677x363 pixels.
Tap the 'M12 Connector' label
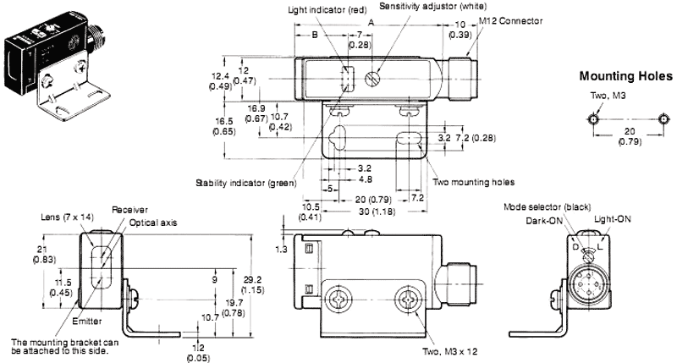coord(511,20)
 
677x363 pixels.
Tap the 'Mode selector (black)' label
coord(545,206)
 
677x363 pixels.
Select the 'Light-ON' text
coord(614,217)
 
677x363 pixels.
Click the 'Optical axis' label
coord(149,223)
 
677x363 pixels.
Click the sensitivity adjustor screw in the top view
coord(371,79)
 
